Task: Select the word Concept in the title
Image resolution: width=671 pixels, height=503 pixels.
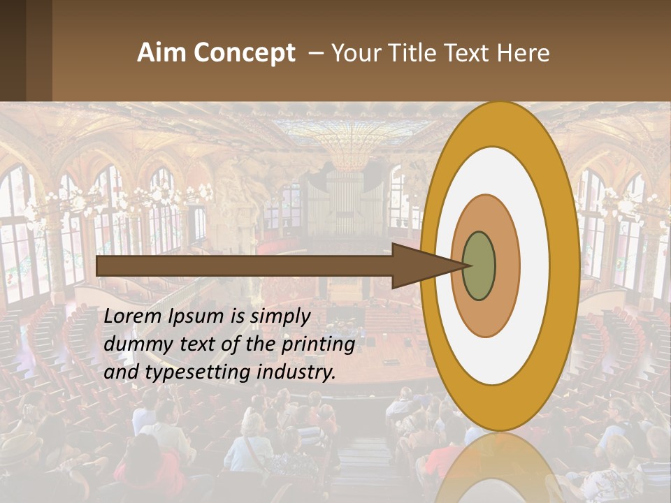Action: tap(245, 53)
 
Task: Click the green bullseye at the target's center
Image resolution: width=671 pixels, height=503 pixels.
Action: tap(479, 265)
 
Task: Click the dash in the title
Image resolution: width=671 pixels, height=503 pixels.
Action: tap(315, 53)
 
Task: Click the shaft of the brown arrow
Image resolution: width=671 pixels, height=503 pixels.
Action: tap(245, 265)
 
